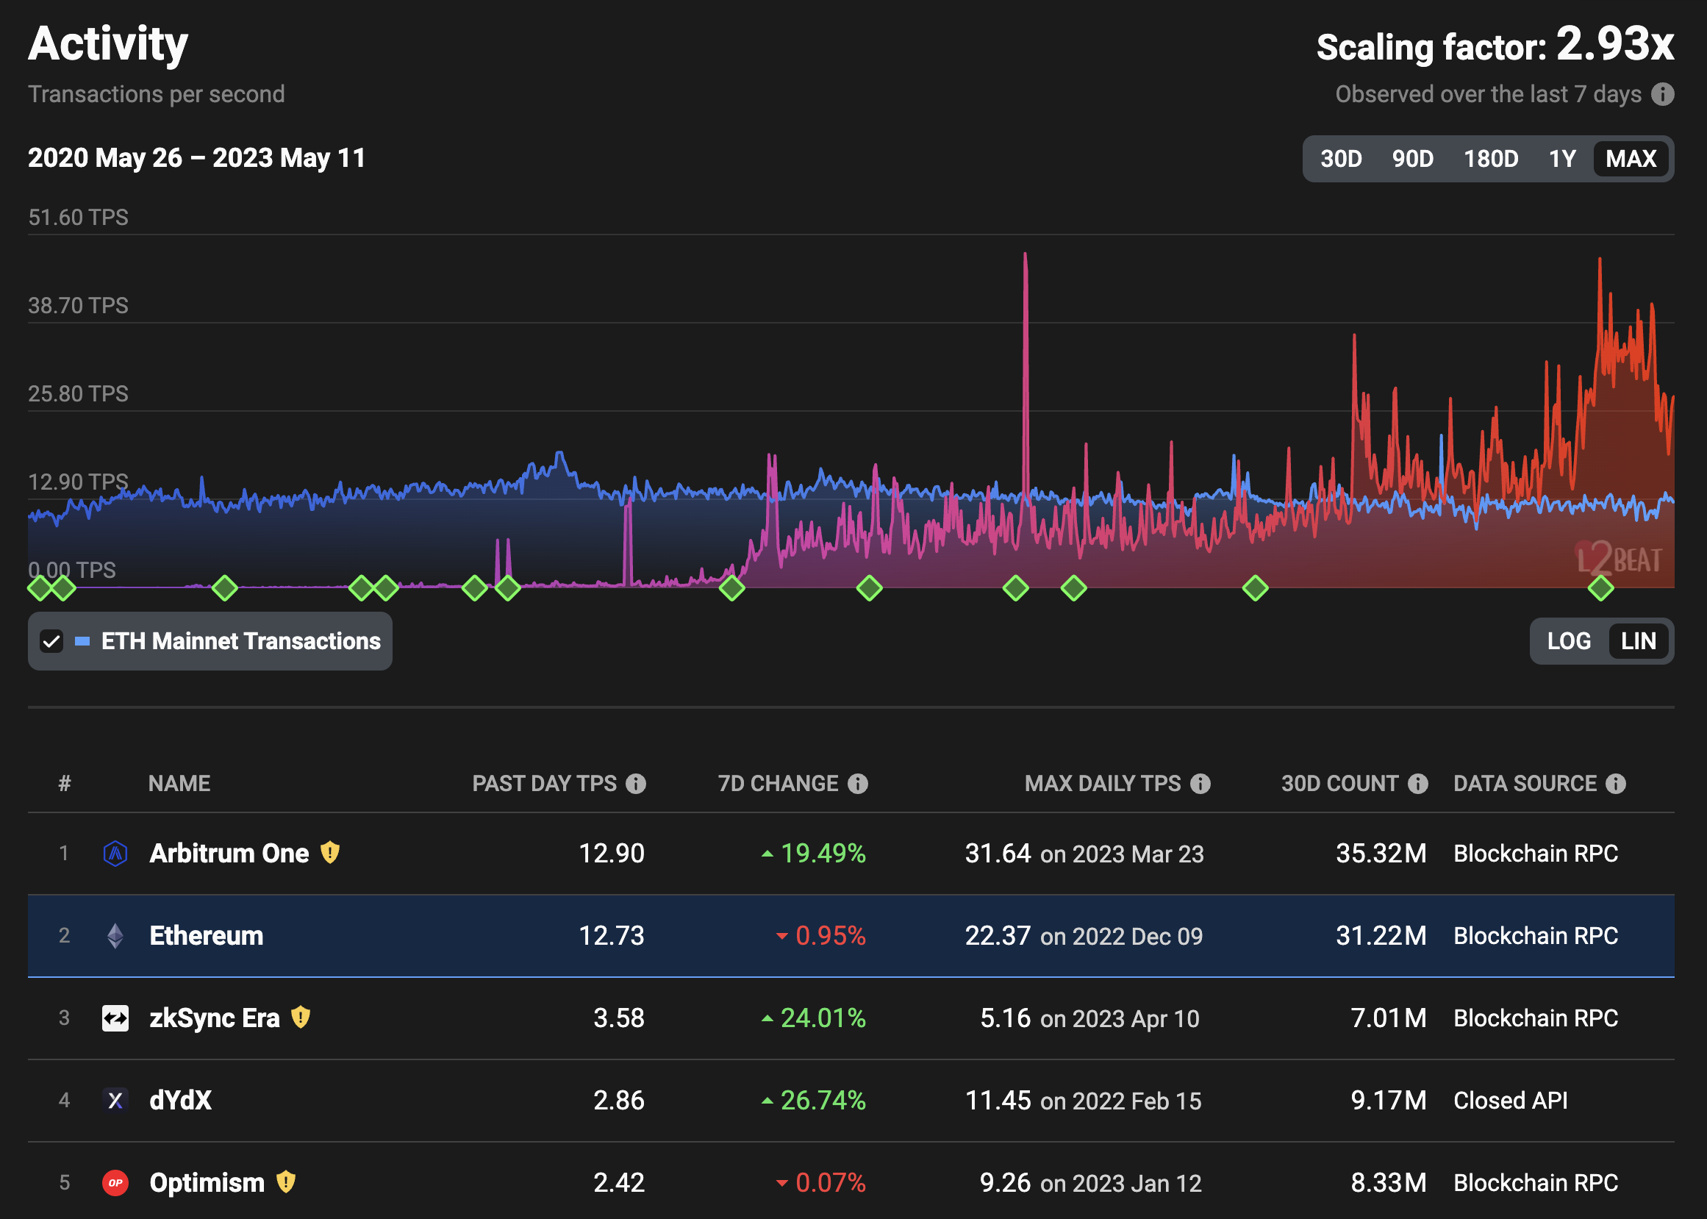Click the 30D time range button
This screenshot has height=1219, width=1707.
click(1341, 158)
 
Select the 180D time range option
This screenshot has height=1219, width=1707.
click(1490, 158)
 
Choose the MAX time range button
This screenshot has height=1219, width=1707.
click(1630, 158)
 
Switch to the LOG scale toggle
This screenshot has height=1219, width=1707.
click(1568, 641)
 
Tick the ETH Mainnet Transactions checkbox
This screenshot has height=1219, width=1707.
click(51, 641)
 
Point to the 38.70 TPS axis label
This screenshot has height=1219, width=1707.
click(78, 306)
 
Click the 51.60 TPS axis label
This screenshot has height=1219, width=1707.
click(78, 218)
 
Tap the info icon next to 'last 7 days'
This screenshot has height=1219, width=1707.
click(1663, 94)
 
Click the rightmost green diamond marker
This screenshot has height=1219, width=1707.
click(1600, 587)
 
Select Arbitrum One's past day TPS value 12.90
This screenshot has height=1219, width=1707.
click(611, 854)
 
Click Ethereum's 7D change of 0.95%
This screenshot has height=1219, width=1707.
click(829, 936)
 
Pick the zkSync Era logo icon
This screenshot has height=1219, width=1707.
click(115, 1018)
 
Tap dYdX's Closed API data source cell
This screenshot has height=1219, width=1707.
click(1510, 1101)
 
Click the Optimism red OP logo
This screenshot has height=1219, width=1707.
click(115, 1183)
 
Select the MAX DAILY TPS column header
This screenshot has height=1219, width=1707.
click(1102, 784)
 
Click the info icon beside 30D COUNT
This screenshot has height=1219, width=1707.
click(1417, 784)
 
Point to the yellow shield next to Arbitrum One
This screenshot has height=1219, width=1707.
click(330, 853)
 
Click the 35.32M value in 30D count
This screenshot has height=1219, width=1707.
click(1381, 854)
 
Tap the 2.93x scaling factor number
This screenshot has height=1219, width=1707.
click(1614, 45)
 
